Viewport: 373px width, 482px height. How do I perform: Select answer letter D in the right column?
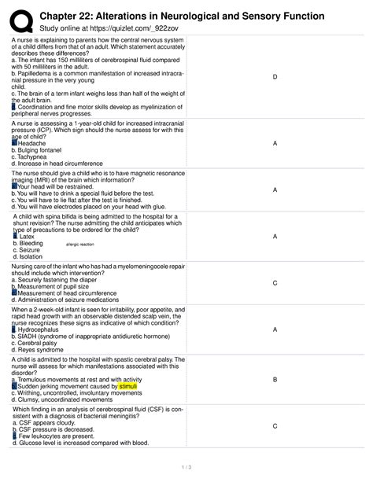275,77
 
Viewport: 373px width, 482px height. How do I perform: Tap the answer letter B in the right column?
275,380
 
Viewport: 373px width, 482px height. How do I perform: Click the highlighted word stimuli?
127,387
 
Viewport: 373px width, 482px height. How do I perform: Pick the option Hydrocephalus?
40,329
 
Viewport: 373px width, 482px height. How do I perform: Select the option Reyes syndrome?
42,351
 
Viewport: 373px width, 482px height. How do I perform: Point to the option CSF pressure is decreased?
55,429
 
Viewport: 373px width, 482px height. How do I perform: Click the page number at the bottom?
186,469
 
